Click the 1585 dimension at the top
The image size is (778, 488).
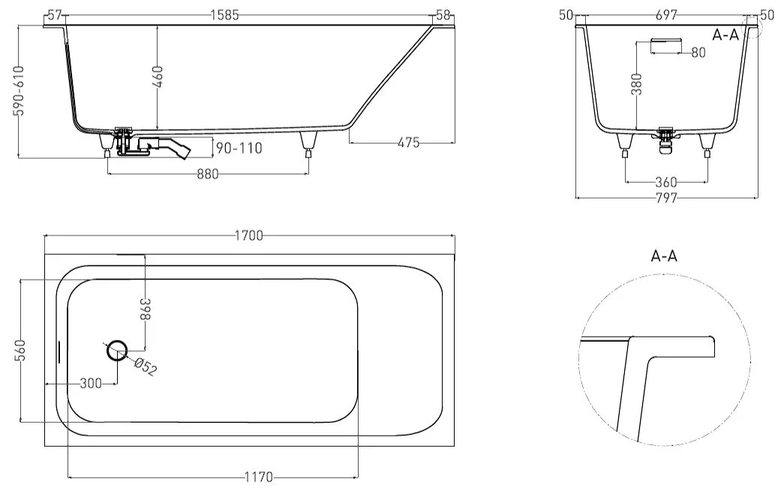[x=225, y=16]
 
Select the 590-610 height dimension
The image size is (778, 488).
[x=20, y=91]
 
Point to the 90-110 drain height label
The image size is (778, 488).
[x=239, y=148]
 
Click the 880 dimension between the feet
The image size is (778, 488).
[x=207, y=174]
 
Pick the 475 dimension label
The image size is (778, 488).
[x=409, y=143]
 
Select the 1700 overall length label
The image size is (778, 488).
[x=248, y=235]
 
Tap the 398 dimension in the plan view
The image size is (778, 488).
[x=146, y=310]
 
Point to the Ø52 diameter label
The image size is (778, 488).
[x=146, y=367]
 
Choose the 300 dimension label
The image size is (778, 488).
[x=91, y=383]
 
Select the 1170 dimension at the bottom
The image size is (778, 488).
[x=259, y=477]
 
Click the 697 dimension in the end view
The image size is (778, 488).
[x=666, y=16]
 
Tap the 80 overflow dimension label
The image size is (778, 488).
[x=698, y=52]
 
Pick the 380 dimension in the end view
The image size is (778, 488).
[x=637, y=84]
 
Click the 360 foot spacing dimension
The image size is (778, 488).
[x=666, y=182]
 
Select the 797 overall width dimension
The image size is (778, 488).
[x=666, y=198]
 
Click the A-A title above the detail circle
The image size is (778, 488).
[x=664, y=256]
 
